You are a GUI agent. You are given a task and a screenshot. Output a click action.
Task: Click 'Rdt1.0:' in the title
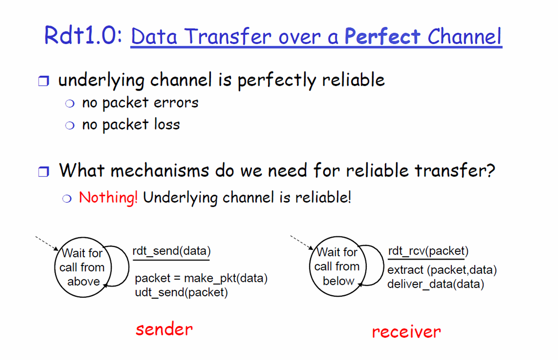pyautogui.click(x=83, y=35)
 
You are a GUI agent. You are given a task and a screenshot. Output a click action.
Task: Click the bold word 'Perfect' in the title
pyautogui.click(x=383, y=37)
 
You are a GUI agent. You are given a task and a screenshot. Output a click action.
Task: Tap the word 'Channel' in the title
pyautogui.click(x=465, y=37)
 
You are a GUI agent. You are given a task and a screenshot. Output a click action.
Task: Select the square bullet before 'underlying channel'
pyautogui.click(x=44, y=81)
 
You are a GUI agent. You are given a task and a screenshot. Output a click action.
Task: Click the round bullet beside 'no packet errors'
pyautogui.click(x=70, y=103)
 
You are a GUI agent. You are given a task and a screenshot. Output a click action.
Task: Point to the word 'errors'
pyautogui.click(x=176, y=102)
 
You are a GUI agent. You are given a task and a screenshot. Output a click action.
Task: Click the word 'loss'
pyautogui.click(x=167, y=124)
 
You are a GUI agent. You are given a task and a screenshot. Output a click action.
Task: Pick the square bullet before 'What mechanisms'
pyautogui.click(x=44, y=171)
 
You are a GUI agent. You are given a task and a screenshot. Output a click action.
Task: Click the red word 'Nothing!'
pyautogui.click(x=108, y=198)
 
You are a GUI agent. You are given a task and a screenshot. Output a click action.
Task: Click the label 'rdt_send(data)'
pyautogui.click(x=171, y=251)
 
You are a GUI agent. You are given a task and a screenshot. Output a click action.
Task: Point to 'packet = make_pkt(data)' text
pyautogui.click(x=201, y=278)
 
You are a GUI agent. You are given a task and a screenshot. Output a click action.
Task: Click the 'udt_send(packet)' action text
pyautogui.click(x=182, y=292)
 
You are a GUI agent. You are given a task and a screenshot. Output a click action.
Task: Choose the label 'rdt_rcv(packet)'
pyautogui.click(x=428, y=251)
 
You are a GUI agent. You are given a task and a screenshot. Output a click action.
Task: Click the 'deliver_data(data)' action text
pyautogui.click(x=436, y=284)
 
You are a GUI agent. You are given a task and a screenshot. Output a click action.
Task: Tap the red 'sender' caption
pyautogui.click(x=164, y=329)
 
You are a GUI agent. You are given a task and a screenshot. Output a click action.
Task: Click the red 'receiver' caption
pyautogui.click(x=406, y=331)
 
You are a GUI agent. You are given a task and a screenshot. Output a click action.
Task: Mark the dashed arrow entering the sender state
pyautogui.click(x=47, y=243)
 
